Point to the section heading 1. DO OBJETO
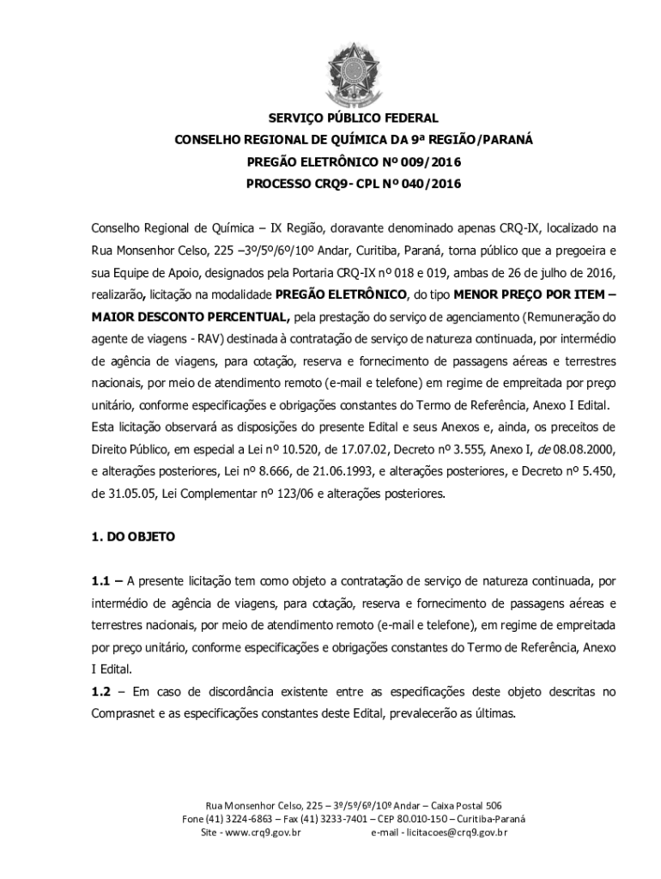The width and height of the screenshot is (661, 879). click(x=133, y=536)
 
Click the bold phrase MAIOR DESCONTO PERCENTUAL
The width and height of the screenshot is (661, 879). click(x=191, y=316)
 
